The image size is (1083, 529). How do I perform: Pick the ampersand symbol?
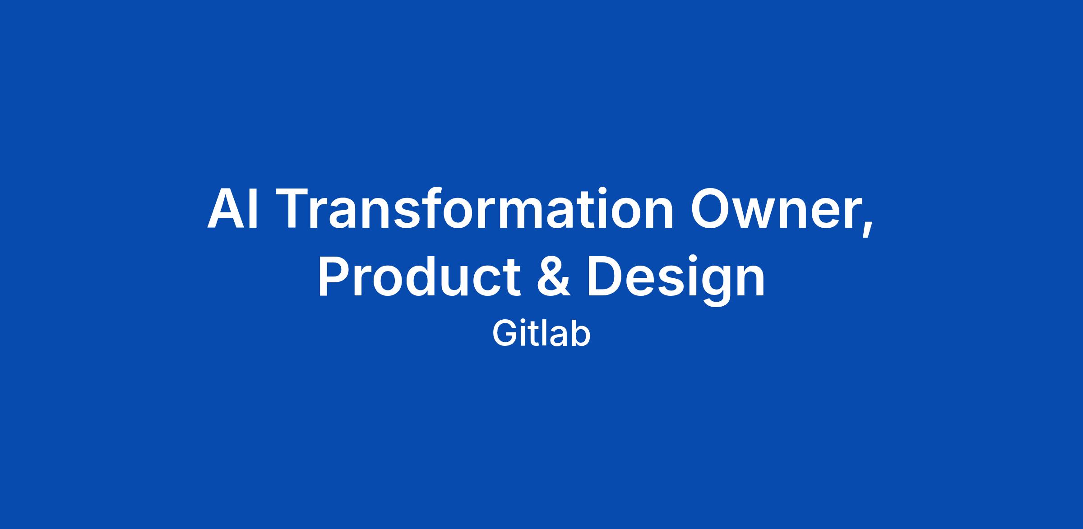(x=553, y=277)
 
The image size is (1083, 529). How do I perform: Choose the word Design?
(x=676, y=281)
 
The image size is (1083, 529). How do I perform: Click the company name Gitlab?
(x=541, y=334)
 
